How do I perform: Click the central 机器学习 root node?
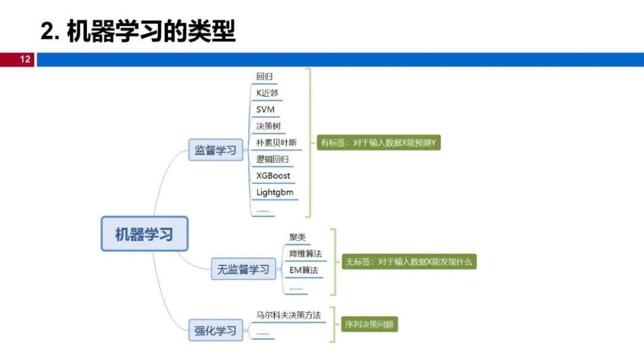144,234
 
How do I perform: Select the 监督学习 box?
216,150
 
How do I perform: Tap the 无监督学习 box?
243,270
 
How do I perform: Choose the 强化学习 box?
216,330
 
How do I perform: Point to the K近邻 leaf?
267,93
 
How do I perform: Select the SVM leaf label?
265,110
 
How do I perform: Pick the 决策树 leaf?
268,126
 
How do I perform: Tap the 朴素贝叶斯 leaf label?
277,143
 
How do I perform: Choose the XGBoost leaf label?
273,176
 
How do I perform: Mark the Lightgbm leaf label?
274,193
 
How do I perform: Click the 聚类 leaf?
298,237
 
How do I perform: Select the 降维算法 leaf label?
305,253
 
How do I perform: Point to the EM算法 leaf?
304,270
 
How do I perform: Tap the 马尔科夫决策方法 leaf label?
289,315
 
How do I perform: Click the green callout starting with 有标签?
379,143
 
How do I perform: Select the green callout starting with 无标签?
408,262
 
